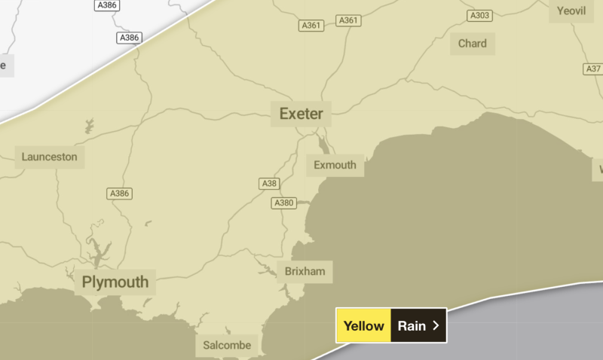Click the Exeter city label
301,114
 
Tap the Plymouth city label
115,283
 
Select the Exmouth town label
335,165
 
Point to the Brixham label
305,271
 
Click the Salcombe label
227,346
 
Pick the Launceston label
50,157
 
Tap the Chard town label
473,44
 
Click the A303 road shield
479,15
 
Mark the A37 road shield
593,69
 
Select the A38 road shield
269,184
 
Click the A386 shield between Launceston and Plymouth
119,194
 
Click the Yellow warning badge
364,326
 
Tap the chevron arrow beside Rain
436,326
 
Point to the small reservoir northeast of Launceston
90,125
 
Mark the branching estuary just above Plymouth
96,246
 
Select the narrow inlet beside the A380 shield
303,203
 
